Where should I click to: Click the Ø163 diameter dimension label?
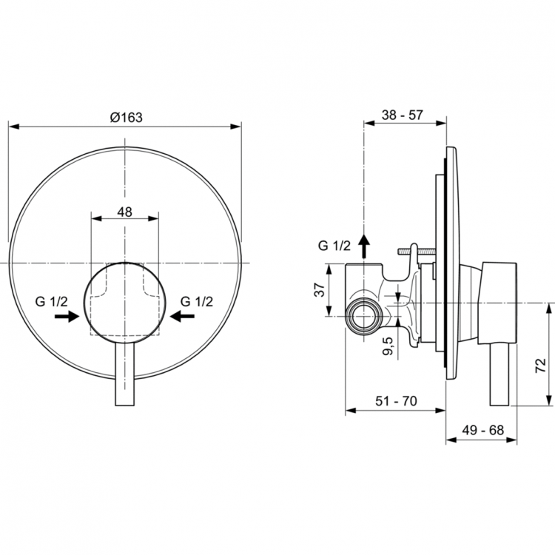(125, 117)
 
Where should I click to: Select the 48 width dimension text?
(124, 212)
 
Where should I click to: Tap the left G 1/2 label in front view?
(53, 301)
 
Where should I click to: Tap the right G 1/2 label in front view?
(196, 301)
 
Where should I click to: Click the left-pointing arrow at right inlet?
(182, 317)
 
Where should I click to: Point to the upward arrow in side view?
(363, 244)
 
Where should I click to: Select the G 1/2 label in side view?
(334, 246)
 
